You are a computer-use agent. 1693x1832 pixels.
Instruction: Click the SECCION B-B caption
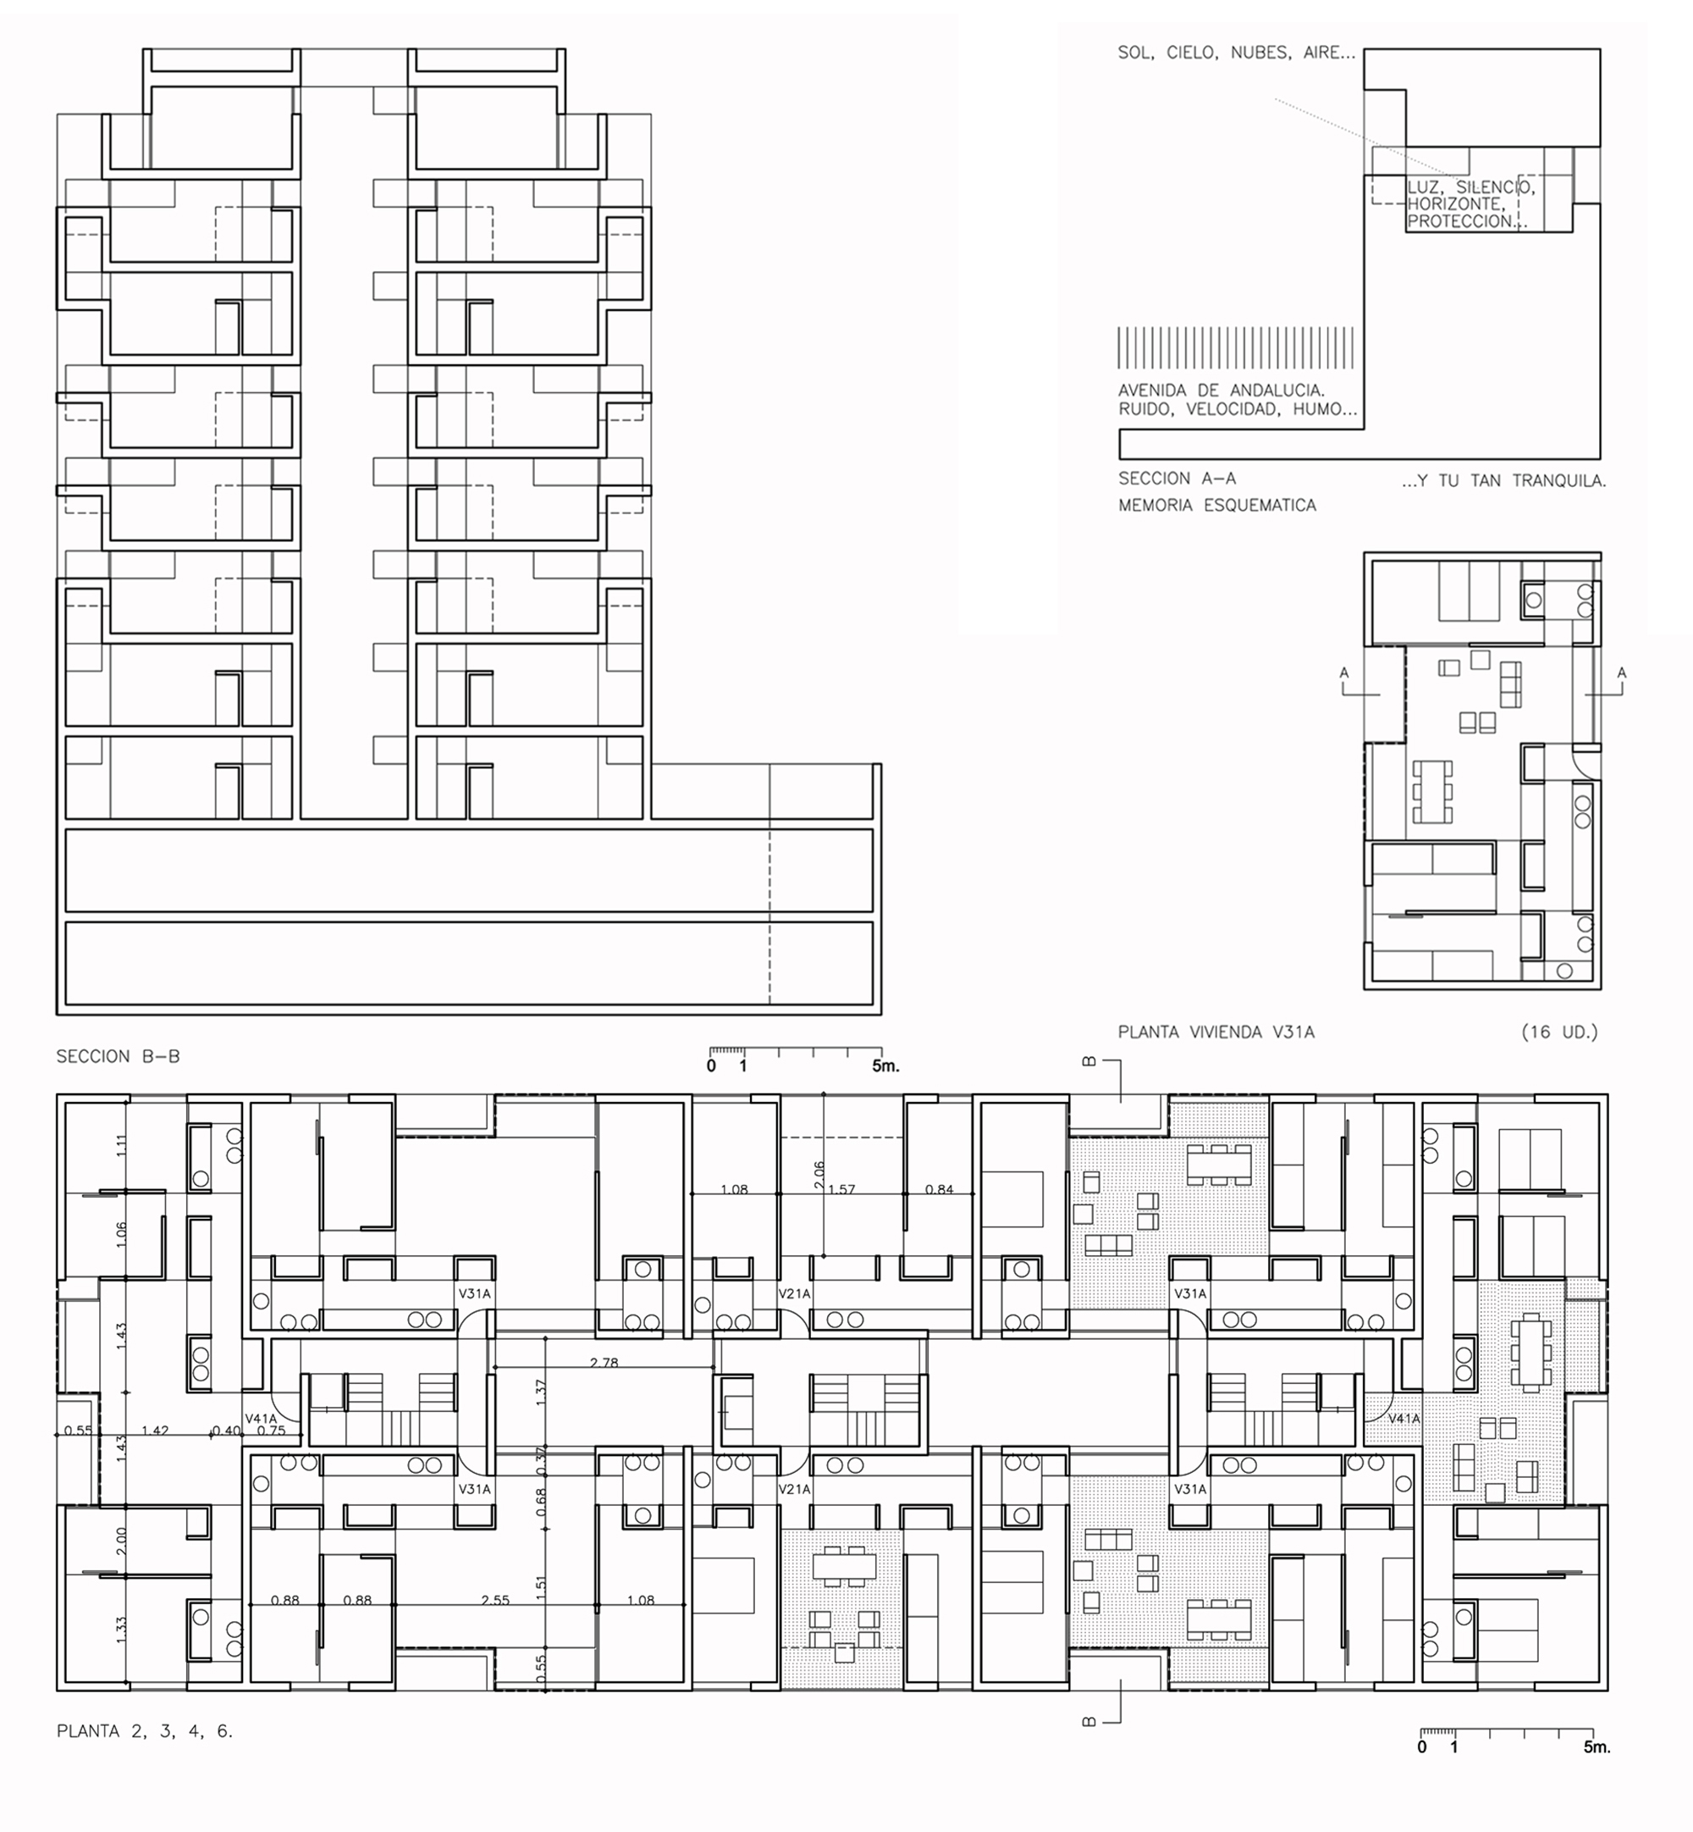[x=119, y=1056]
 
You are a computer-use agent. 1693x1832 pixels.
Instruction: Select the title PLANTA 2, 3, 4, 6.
[x=145, y=1731]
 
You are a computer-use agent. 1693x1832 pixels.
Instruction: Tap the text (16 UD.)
[x=1559, y=1032]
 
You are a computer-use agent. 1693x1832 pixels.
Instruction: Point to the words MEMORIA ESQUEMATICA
[x=1216, y=505]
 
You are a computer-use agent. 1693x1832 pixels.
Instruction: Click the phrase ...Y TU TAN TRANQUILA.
[x=1503, y=480]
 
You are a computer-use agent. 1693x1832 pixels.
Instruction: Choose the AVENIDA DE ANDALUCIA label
[x=1221, y=390]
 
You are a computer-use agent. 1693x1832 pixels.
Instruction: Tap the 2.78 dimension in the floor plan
[x=604, y=1363]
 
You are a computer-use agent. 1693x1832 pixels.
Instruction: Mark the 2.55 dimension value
[x=495, y=1600]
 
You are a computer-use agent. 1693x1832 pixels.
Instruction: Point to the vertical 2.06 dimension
[x=819, y=1175]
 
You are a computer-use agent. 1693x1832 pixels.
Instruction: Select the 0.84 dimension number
[x=939, y=1189]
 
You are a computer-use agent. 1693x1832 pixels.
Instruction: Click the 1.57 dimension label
[x=841, y=1189]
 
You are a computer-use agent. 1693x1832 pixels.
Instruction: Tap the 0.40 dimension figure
[x=226, y=1431]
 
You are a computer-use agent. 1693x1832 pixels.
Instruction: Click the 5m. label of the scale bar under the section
[x=885, y=1065]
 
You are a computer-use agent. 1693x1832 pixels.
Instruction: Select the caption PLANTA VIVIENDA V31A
[x=1216, y=1032]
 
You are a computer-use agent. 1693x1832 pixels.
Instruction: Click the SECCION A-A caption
[x=1177, y=479]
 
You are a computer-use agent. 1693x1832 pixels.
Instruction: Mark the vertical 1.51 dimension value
[x=541, y=1583]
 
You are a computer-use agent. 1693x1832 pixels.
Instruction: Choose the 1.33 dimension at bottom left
[x=122, y=1629]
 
